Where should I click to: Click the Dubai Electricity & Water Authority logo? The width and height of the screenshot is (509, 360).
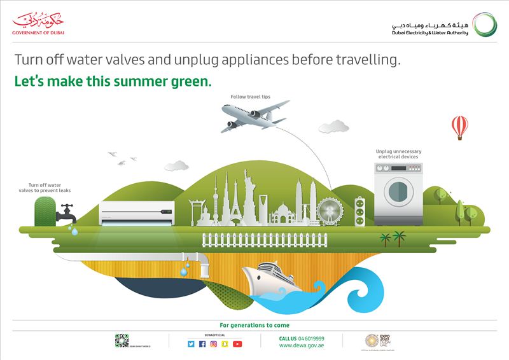click(x=438, y=25)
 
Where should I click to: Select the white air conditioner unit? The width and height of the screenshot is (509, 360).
click(x=136, y=213)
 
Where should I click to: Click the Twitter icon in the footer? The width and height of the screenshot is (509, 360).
click(x=191, y=344)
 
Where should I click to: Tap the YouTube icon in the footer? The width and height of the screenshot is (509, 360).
click(x=237, y=344)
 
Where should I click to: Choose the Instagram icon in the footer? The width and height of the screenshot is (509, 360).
click(x=214, y=344)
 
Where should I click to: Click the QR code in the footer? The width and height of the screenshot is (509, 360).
click(x=122, y=340)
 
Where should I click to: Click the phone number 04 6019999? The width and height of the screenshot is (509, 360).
click(x=311, y=338)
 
